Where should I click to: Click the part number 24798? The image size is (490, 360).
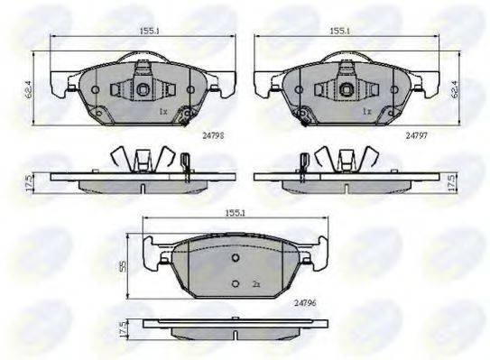pos(213,135)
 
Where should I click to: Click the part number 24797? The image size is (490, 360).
pos(416,135)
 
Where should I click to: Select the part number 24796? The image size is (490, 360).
pos(305,303)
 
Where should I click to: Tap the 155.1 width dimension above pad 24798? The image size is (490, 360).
pos(150,31)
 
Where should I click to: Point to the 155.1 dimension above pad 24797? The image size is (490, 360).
pos(340,31)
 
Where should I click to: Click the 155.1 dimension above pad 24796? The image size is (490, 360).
pos(235,213)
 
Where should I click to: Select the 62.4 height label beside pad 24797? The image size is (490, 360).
pos(455,89)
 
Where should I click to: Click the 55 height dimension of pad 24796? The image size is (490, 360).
pos(123,266)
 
